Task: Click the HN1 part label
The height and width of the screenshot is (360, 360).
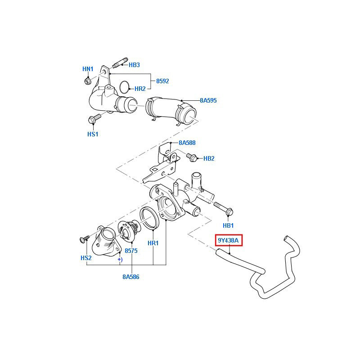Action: pyautogui.click(x=88, y=69)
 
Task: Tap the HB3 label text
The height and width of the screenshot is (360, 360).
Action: pyautogui.click(x=134, y=65)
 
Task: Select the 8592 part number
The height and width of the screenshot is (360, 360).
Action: pyautogui.click(x=162, y=81)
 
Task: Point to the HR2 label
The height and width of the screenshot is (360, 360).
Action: pyautogui.click(x=140, y=89)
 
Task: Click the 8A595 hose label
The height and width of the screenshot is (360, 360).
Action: pyautogui.click(x=208, y=100)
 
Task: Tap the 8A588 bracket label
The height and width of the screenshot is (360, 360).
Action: pyautogui.click(x=187, y=143)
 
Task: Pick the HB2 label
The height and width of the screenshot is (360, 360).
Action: pyautogui.click(x=209, y=158)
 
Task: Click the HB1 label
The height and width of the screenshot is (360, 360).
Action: pyautogui.click(x=229, y=225)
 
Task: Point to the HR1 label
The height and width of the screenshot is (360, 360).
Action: pyautogui.click(x=153, y=243)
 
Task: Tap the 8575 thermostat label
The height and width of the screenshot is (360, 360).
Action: pyautogui.click(x=131, y=250)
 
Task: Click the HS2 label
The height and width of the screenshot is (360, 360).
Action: pyautogui.click(x=86, y=257)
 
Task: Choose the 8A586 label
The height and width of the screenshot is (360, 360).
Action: pyautogui.click(x=131, y=277)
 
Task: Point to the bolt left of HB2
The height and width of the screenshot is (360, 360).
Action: pyautogui.click(x=192, y=157)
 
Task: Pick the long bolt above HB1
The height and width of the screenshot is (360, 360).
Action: pyautogui.click(x=223, y=207)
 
